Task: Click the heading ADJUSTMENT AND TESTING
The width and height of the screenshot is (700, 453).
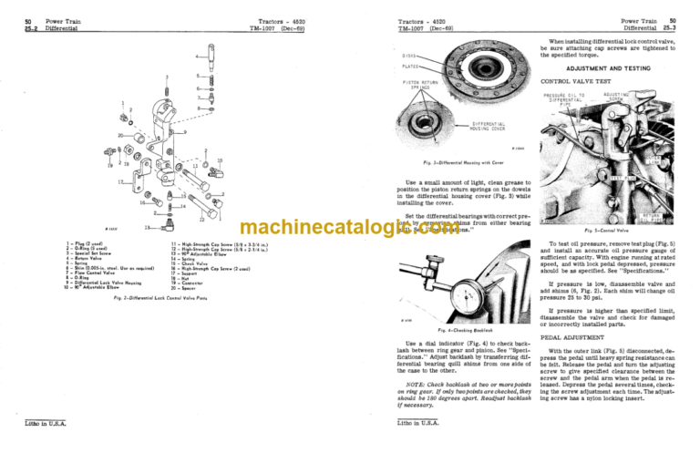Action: point(607,67)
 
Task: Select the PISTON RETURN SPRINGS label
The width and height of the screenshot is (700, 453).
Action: point(417,86)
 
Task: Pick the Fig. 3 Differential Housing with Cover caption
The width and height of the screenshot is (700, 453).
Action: point(463,160)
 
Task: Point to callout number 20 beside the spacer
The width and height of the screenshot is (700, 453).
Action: point(122,135)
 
